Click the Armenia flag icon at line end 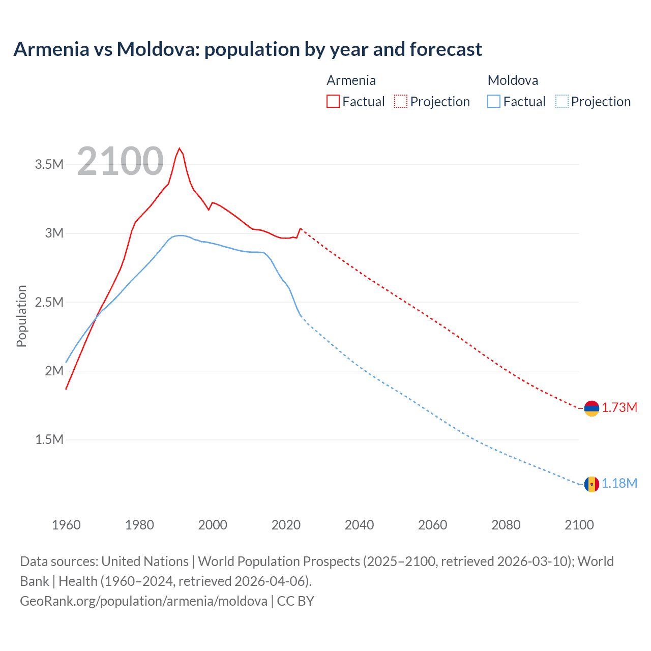click(591, 408)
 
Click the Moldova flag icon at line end click(591, 484)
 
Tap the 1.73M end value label click(619, 408)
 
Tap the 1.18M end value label click(619, 484)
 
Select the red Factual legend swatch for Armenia click(333, 101)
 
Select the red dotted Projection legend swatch click(401, 101)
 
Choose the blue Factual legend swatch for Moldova click(494, 101)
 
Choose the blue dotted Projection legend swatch click(561, 101)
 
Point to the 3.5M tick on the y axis click(49, 164)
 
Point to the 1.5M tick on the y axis click(49, 440)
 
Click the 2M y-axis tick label click(54, 371)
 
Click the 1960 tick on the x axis click(66, 525)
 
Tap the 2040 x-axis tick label click(359, 525)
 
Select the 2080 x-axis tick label click(506, 525)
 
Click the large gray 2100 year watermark click(121, 161)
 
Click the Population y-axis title click(21, 316)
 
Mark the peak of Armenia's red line click(179, 149)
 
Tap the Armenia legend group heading click(351, 80)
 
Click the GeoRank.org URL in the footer click(143, 601)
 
